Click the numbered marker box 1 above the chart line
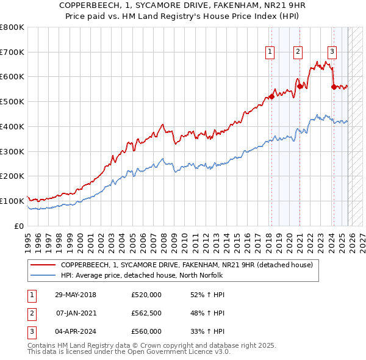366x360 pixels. tap(270, 52)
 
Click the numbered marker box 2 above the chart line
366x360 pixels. tap(298, 52)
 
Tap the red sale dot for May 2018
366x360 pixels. tap(271, 96)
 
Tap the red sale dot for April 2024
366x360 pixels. tap(334, 87)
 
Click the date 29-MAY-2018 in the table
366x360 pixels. tap(76, 295)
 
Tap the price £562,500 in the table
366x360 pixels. tap(146, 313)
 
